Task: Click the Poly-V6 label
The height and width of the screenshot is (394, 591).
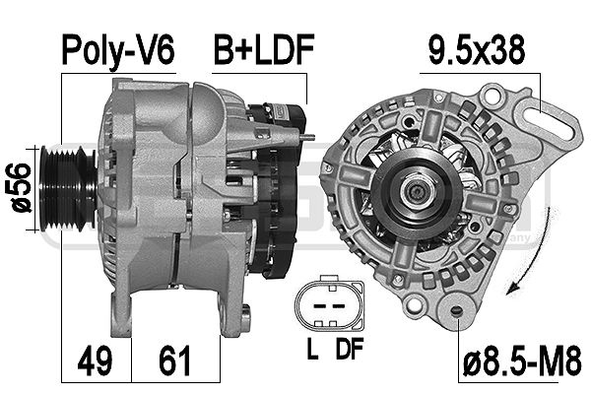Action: pyautogui.click(x=118, y=51)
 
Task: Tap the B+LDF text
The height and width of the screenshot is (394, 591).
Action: pyautogui.click(x=264, y=49)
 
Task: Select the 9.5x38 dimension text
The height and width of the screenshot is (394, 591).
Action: pyautogui.click(x=477, y=49)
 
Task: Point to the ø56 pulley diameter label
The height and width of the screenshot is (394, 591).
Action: pyautogui.click(x=19, y=188)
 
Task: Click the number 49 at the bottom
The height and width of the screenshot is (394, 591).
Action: pyautogui.click(x=95, y=361)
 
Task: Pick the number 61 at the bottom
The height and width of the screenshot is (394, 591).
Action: pyautogui.click(x=174, y=361)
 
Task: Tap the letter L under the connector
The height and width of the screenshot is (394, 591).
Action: pyautogui.click(x=312, y=349)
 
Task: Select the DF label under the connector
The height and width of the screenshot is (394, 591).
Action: pyautogui.click(x=349, y=349)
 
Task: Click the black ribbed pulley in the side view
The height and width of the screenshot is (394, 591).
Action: pyautogui.click(x=67, y=188)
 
